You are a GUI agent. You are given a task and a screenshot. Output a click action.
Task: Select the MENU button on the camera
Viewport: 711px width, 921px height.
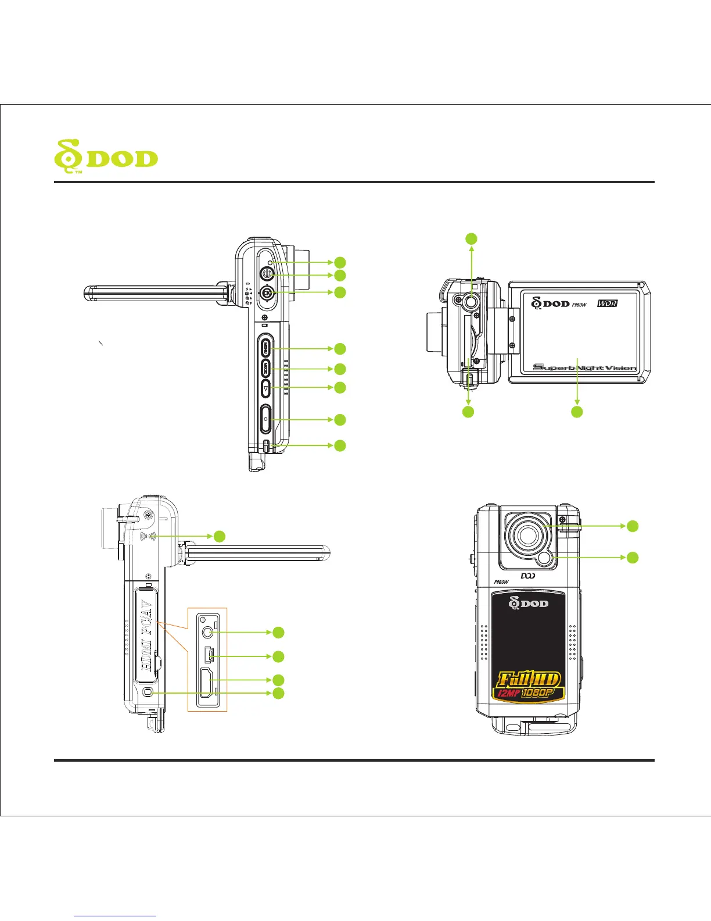265,349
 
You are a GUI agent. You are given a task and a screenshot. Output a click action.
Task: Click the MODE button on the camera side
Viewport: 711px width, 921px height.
265,369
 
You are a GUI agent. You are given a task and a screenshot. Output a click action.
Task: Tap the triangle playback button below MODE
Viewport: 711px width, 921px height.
265,388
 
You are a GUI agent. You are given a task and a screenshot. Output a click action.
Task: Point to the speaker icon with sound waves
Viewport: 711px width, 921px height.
149,536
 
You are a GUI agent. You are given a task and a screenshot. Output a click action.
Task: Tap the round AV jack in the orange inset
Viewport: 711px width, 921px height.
206,631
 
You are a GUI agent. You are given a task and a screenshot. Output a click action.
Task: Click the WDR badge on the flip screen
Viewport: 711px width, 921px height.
608,304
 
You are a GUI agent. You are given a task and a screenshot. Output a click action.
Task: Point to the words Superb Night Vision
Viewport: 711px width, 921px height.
585,367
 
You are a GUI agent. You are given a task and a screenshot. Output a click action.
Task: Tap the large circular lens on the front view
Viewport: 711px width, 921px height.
527,535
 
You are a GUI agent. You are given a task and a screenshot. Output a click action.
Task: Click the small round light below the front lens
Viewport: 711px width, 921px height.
545,558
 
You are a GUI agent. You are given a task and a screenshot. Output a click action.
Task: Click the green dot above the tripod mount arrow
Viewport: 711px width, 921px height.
472,238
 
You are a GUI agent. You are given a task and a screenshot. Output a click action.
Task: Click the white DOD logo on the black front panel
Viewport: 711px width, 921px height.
529,604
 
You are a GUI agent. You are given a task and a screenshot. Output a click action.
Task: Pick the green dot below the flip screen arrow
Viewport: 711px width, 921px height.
577,412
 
